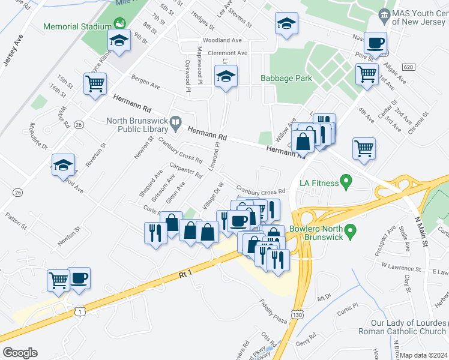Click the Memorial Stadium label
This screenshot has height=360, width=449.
coord(77,26)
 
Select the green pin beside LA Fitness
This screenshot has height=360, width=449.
coord(345,180)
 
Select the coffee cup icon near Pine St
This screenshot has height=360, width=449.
coord(376,43)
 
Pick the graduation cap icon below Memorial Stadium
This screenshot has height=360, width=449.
coord(119,41)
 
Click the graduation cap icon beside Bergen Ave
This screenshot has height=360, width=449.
coord(226,76)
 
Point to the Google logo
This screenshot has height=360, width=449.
coord(20,353)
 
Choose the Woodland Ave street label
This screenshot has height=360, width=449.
coord(222,40)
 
